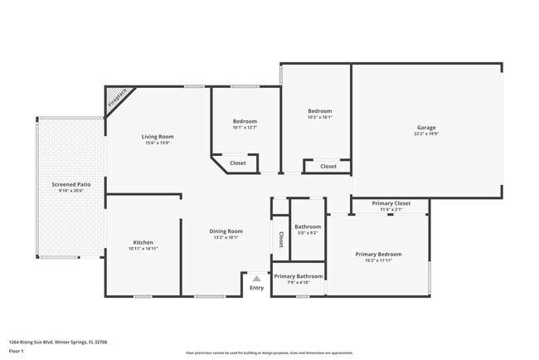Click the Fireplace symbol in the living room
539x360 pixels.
[119, 100]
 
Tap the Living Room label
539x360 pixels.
[157, 137]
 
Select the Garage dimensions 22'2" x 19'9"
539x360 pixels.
[426, 134]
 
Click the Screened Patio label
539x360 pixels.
[71, 184]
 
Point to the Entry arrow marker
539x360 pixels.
[257, 279]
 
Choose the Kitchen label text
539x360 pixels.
[143, 242]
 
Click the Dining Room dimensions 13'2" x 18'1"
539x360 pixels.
[225, 237]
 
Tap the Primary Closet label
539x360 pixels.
[391, 203]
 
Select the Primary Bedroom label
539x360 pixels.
[378, 254]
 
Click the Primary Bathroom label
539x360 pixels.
[297, 276]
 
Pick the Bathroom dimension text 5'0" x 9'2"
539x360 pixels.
[307, 232]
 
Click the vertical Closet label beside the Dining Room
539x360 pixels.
[280, 240]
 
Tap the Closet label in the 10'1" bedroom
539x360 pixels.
[237, 163]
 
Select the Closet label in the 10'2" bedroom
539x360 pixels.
[328, 166]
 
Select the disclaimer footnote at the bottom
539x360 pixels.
[269, 353]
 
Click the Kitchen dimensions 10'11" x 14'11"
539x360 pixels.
[143, 249]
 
